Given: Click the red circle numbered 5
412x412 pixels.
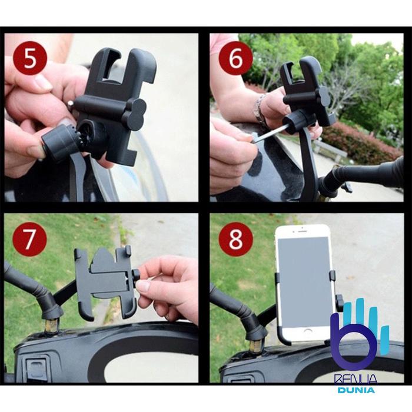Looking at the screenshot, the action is pyautogui.click(x=29, y=58).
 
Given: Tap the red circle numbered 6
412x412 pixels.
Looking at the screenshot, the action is pyautogui.click(x=235, y=58).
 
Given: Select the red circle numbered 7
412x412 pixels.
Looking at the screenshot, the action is pyautogui.click(x=29, y=239).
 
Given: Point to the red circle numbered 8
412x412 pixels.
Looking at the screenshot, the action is pyautogui.click(x=235, y=239).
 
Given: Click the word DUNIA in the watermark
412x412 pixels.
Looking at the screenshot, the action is pyautogui.click(x=356, y=390).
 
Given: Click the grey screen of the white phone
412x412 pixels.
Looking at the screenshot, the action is pyautogui.click(x=305, y=282).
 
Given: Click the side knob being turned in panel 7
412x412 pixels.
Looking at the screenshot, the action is pyautogui.click(x=136, y=278).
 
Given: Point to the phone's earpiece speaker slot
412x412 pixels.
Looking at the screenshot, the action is pyautogui.click(x=302, y=231).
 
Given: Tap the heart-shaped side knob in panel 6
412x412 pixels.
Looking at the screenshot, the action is pyautogui.click(x=325, y=97).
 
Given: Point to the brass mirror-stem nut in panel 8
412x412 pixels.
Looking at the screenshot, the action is pyautogui.click(x=255, y=346).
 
